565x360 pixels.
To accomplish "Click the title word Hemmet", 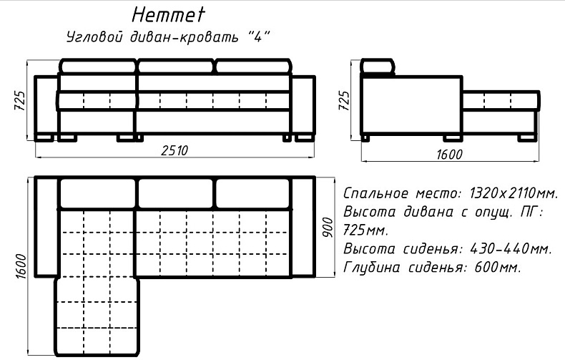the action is [168, 15].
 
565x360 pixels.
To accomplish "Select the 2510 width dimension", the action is [175, 150].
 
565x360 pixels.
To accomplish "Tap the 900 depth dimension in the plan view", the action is [328, 227].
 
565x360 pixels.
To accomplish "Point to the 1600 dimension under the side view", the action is [449, 155].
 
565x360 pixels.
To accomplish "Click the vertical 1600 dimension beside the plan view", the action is [21, 266].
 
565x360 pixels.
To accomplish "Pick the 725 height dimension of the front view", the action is [19, 101].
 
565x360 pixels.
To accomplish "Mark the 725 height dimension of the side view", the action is [344, 101].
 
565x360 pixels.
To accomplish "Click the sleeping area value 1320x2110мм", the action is [514, 194].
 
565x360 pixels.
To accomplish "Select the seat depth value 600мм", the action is [498, 267].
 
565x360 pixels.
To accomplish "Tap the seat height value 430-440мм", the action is [511, 248].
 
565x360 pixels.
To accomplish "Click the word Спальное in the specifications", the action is [376, 194].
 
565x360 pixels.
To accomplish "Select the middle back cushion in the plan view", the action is [176, 193].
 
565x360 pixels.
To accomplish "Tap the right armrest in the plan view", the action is [303, 227].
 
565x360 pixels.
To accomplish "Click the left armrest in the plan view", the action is [46, 227].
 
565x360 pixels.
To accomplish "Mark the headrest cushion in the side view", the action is [378, 67].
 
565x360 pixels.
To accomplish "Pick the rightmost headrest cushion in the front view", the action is [253, 67].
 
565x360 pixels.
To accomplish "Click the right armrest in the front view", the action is [303, 105].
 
